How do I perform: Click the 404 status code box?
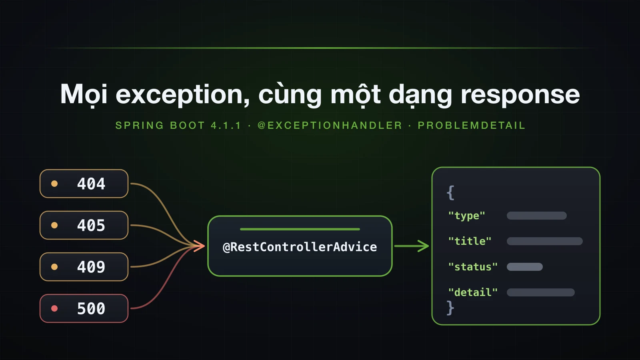pos(84,184)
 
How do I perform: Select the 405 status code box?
pos(84,225)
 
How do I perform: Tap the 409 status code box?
pos(84,267)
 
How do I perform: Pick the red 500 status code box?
pos(84,308)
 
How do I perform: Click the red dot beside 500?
pos(54,308)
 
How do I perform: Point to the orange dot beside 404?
pos(54,184)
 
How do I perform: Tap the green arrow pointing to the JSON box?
pos(412,246)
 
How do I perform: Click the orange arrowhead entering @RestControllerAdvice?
pos(200,246)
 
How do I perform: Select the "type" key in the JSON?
pos(466,216)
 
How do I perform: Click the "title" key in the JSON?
pos(470,241)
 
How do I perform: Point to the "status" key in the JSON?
pos(473,267)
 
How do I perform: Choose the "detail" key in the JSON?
pos(473,292)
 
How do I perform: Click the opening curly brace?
pos(450,192)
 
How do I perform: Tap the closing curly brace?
pos(450,308)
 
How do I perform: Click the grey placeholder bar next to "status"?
pos(524,267)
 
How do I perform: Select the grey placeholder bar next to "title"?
pos(544,241)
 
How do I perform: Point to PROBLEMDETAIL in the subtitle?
pos(472,126)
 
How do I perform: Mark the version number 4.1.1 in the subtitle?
pos(226,126)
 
